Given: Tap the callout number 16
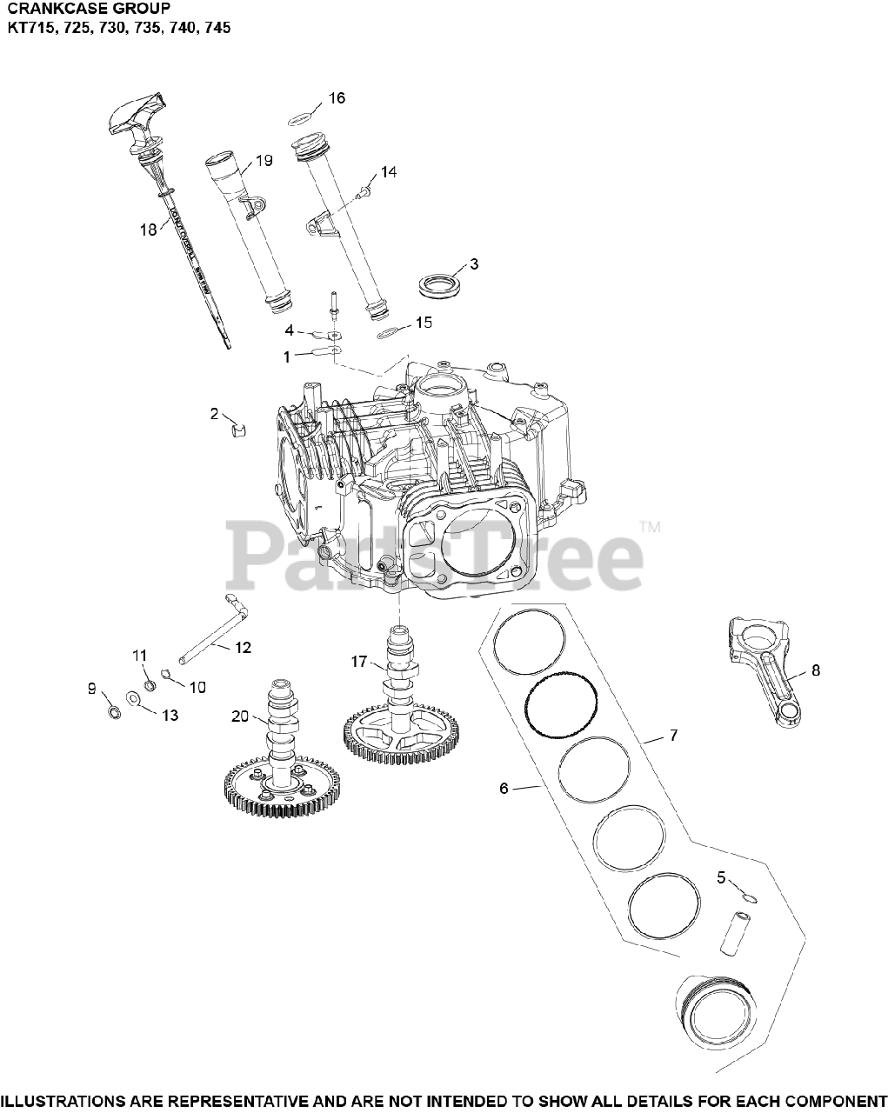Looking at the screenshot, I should click(337, 97).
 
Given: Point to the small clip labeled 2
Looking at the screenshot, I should click(237, 426).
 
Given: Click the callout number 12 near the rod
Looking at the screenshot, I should click(243, 647).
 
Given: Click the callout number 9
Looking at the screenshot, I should click(91, 688).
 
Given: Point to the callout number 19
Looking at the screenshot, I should click(264, 160).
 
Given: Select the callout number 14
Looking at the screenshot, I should click(388, 172).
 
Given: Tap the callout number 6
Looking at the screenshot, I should click(504, 788).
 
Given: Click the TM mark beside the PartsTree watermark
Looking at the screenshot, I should click(649, 526).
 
